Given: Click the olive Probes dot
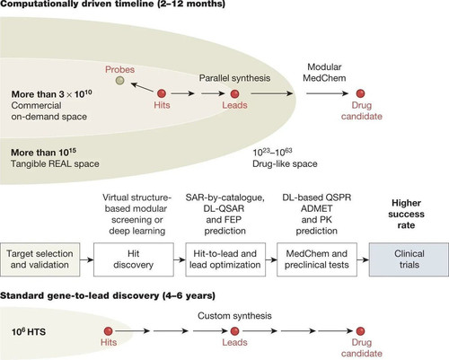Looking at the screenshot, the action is (x=119, y=81).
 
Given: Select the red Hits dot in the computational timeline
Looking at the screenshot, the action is (x=162, y=93).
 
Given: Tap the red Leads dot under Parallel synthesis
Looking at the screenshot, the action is (x=234, y=93).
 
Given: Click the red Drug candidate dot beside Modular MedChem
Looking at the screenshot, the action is (x=360, y=93).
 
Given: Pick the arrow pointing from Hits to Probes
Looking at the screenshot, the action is (x=142, y=87).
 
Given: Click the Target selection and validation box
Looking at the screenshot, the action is (x=40, y=259).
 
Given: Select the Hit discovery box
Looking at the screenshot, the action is (x=134, y=259).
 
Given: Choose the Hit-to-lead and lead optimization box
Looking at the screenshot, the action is (x=225, y=259).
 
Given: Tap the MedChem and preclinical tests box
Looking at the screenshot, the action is (x=317, y=259).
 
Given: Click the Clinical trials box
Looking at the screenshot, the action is (x=409, y=259).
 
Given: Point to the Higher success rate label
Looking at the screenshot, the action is (x=406, y=214).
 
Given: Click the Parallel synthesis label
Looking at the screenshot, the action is (x=234, y=78).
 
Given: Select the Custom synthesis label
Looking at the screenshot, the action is (x=234, y=316).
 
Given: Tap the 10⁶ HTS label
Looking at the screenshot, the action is (x=29, y=331).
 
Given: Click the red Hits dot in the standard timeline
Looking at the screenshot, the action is (x=108, y=331).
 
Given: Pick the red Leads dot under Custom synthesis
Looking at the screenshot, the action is (x=234, y=331).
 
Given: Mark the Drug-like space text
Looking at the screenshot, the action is (x=285, y=163).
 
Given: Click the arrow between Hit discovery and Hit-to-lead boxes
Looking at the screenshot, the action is (x=180, y=259).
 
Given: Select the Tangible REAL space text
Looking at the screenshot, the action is (x=55, y=163).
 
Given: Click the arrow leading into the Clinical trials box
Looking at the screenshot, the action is (x=363, y=259).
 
